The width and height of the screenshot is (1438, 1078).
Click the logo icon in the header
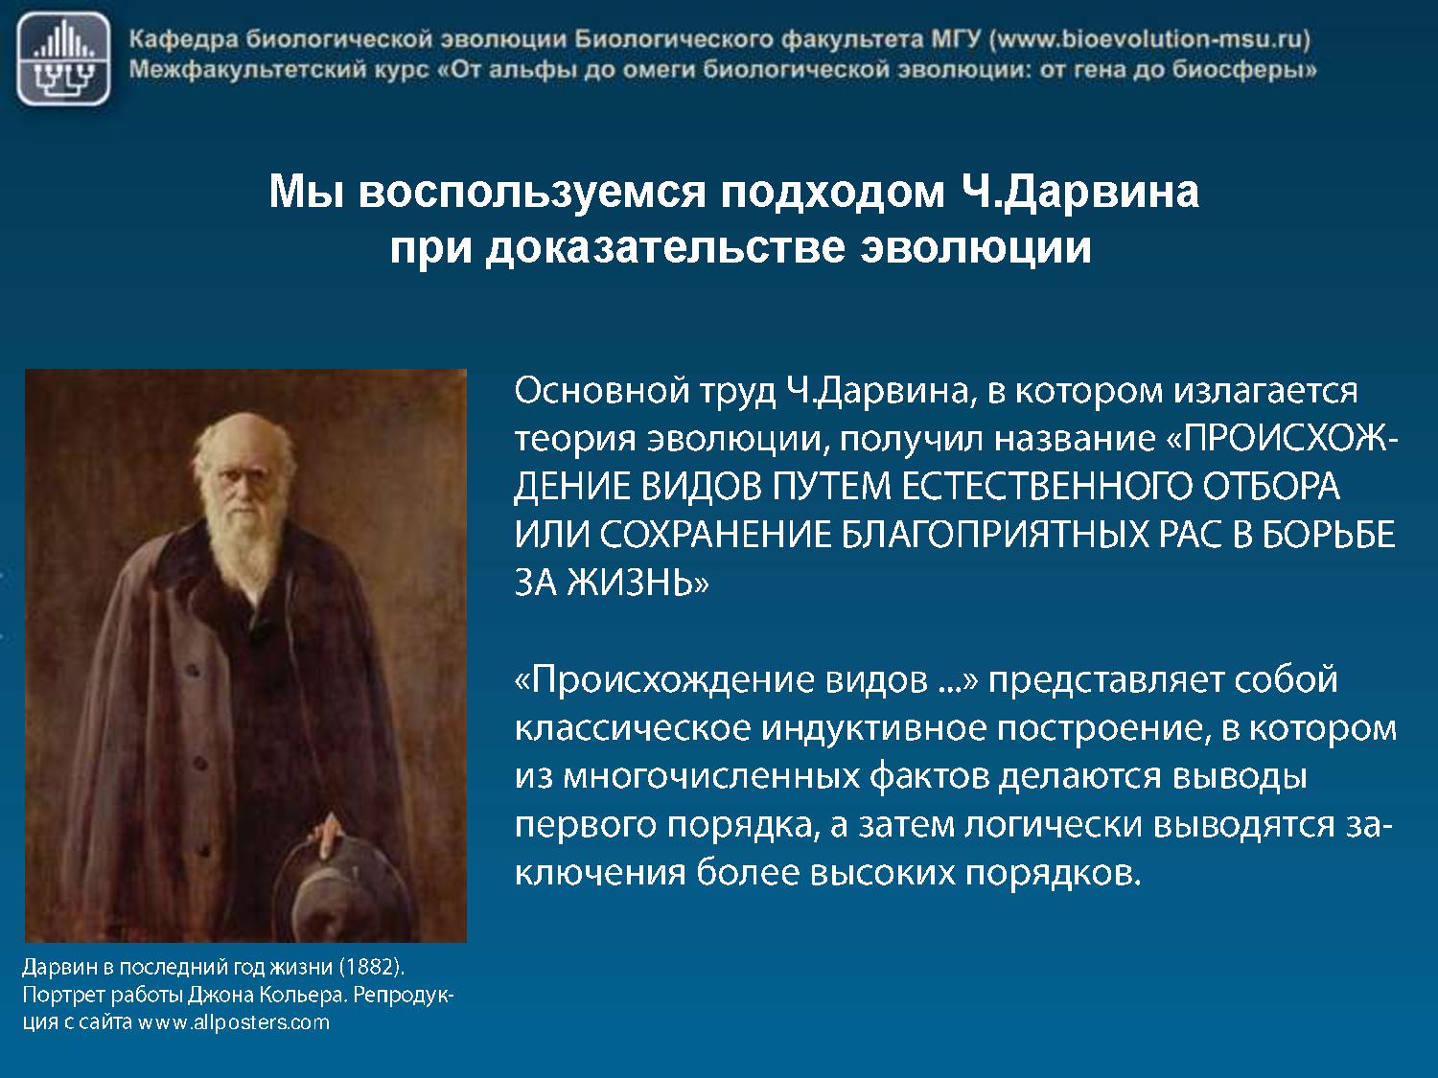63,58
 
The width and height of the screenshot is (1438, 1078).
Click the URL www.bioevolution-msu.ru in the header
1149,39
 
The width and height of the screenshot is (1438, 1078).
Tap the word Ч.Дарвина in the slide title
1080,192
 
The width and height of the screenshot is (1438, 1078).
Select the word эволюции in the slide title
976,248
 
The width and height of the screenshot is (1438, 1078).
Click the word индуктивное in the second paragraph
873,729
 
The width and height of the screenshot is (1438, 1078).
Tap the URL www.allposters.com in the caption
233,1022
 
